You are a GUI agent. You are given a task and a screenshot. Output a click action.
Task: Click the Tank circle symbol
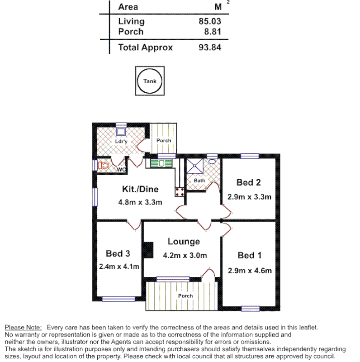coord(150,81)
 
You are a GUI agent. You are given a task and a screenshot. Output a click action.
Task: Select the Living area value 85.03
coord(209,21)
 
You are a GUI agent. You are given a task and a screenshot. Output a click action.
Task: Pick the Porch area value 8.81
coord(212,32)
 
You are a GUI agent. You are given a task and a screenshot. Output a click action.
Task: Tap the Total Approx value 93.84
coord(209,47)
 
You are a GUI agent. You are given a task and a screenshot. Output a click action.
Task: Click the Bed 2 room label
coord(248,182)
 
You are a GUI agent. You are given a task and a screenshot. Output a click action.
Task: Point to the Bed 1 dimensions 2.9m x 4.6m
coord(250,271)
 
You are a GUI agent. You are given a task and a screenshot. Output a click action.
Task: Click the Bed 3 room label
coord(118,253)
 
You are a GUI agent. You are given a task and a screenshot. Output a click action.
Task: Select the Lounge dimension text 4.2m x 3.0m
coord(185,256)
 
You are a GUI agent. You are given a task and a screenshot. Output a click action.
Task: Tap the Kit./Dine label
coord(140,189)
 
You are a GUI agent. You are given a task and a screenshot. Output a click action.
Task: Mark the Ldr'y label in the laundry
coord(121,141)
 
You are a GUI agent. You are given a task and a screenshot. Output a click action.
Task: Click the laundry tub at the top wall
coord(121,132)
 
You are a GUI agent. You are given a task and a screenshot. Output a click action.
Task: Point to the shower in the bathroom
coord(195,166)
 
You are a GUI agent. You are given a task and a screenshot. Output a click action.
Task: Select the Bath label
coord(199,181)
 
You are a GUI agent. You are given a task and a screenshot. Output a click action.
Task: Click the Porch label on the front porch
coord(185,296)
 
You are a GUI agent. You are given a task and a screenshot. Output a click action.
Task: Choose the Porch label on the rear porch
coord(164,141)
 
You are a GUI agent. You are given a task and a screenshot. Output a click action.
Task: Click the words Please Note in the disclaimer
coord(23,327)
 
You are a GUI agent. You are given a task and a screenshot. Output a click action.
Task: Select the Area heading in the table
coord(128,7)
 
